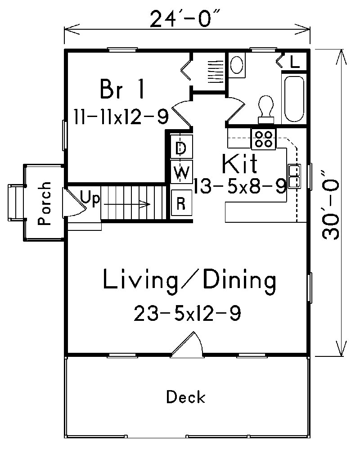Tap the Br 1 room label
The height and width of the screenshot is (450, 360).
(x=122, y=89)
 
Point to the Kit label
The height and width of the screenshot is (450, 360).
(x=240, y=164)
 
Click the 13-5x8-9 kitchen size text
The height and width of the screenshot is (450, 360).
(x=240, y=186)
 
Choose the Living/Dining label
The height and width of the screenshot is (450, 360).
(x=189, y=280)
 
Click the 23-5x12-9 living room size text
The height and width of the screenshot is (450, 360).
(x=187, y=313)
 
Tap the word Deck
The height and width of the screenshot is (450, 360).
(x=186, y=397)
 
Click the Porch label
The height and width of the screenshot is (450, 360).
(x=43, y=203)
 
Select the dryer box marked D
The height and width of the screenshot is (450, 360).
(x=181, y=148)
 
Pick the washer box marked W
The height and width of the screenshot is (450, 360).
(x=181, y=172)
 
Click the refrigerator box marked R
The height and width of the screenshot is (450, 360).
(x=181, y=203)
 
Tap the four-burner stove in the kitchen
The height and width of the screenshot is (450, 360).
(x=263, y=139)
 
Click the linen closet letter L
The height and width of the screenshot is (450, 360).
(x=295, y=62)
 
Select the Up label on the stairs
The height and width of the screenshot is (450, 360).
(x=90, y=198)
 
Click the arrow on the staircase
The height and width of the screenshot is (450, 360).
(x=128, y=205)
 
